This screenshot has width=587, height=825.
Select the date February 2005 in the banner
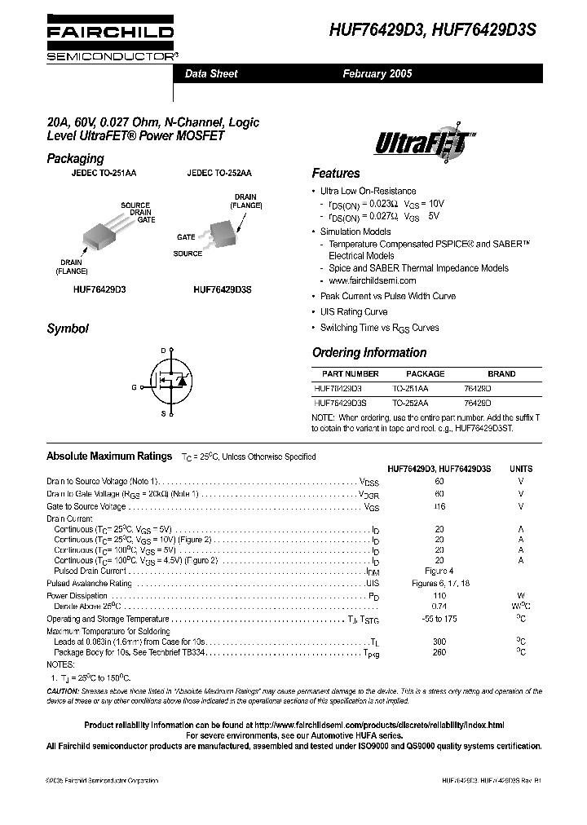tap(377, 73)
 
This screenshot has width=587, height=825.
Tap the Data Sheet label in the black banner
tap(211, 73)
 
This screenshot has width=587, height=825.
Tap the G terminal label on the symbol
tap(133, 387)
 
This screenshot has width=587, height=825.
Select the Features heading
tap(335, 174)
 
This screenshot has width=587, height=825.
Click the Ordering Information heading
tap(369, 353)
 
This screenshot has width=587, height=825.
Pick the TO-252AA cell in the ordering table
tap(410, 403)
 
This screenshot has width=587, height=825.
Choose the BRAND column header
tap(501, 374)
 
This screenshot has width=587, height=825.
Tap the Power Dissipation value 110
tap(439, 596)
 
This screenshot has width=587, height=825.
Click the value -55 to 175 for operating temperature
tap(439, 620)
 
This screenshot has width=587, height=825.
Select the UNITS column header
tap(520, 469)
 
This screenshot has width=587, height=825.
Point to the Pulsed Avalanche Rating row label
tap(89, 584)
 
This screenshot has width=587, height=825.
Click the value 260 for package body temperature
tap(439, 653)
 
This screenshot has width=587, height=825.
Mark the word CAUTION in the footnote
tap(64, 691)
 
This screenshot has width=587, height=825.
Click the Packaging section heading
tap(75, 159)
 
